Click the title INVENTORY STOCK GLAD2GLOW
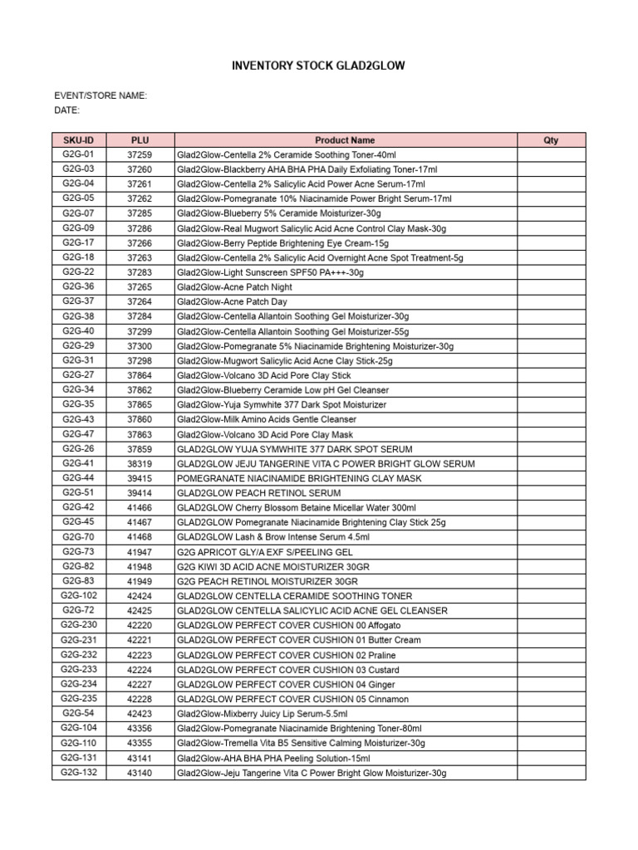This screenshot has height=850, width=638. (318, 65)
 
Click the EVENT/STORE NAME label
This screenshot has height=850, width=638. (101, 95)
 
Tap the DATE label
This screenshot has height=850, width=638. (67, 110)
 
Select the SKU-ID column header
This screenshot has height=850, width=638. (79, 140)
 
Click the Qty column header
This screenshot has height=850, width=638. (551, 140)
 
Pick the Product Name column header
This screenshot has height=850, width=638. (345, 140)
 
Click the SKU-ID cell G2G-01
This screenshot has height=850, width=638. (79, 154)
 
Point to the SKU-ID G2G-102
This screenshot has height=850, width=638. (79, 596)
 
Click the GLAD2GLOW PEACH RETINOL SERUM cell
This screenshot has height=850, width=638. (258, 493)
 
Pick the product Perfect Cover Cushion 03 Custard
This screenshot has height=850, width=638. (287, 670)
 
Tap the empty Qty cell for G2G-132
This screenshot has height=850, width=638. (551, 773)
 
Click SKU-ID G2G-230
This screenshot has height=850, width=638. (79, 625)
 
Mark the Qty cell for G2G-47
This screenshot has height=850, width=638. (551, 434)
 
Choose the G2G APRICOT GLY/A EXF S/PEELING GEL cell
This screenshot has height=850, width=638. (265, 552)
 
